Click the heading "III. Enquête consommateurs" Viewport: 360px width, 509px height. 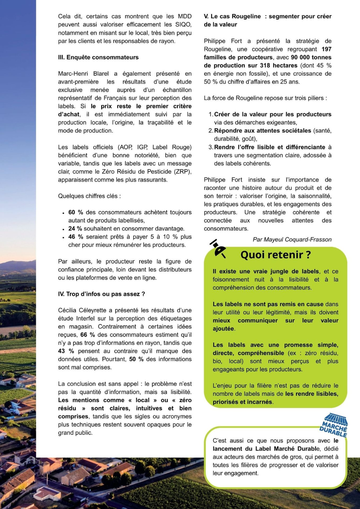(x=98, y=57)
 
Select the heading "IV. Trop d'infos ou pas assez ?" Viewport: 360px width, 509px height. (x=101, y=294)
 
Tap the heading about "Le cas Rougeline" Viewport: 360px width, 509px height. (x=268, y=20)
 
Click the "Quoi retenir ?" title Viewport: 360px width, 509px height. (x=276, y=254)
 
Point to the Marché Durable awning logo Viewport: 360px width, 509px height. (x=334, y=425)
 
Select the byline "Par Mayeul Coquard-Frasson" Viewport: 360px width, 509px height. (x=292, y=239)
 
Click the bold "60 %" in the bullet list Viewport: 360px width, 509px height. (x=76, y=212)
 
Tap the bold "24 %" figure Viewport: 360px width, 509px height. (x=75, y=228)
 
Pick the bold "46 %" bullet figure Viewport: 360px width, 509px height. (x=76, y=237)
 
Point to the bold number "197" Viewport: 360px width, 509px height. (x=326, y=49)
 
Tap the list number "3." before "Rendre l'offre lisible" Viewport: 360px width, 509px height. (x=211, y=147)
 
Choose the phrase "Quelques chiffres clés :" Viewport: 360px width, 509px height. (x=89, y=196)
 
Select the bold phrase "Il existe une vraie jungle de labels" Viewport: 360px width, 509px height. (x=266, y=271)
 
